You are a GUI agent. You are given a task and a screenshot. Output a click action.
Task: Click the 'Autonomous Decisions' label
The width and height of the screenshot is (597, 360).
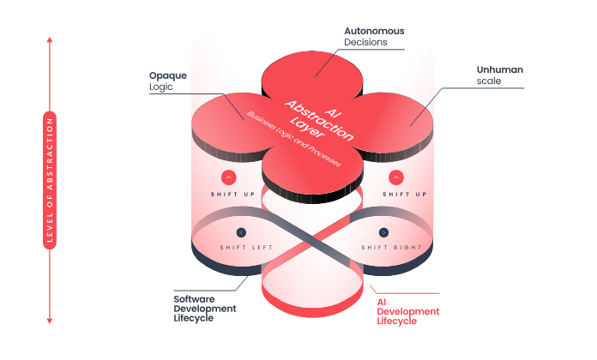pyautogui.click(x=373, y=36)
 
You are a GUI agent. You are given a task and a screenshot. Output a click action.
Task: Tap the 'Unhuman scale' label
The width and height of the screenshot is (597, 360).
pyautogui.click(x=497, y=75)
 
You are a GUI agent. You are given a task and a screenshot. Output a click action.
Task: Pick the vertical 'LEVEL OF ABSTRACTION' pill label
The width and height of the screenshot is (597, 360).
pyautogui.click(x=50, y=180)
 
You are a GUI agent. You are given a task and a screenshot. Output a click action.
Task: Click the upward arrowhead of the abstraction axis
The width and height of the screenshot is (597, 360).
pyautogui.click(x=50, y=40)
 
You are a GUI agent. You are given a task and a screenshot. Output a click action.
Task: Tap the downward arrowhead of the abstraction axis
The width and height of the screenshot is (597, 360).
pyautogui.click(x=50, y=321)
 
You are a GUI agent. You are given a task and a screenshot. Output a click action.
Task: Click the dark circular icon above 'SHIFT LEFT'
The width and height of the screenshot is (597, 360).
pyautogui.click(x=241, y=232)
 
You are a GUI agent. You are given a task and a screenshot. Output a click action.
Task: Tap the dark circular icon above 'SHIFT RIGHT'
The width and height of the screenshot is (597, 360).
pyautogui.click(x=383, y=232)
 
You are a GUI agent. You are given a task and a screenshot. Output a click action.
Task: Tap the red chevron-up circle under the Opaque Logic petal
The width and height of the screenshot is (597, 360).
pyautogui.click(x=229, y=177)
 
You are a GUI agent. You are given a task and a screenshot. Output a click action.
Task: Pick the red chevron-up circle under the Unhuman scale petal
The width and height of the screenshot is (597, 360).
pyautogui.click(x=396, y=177)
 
